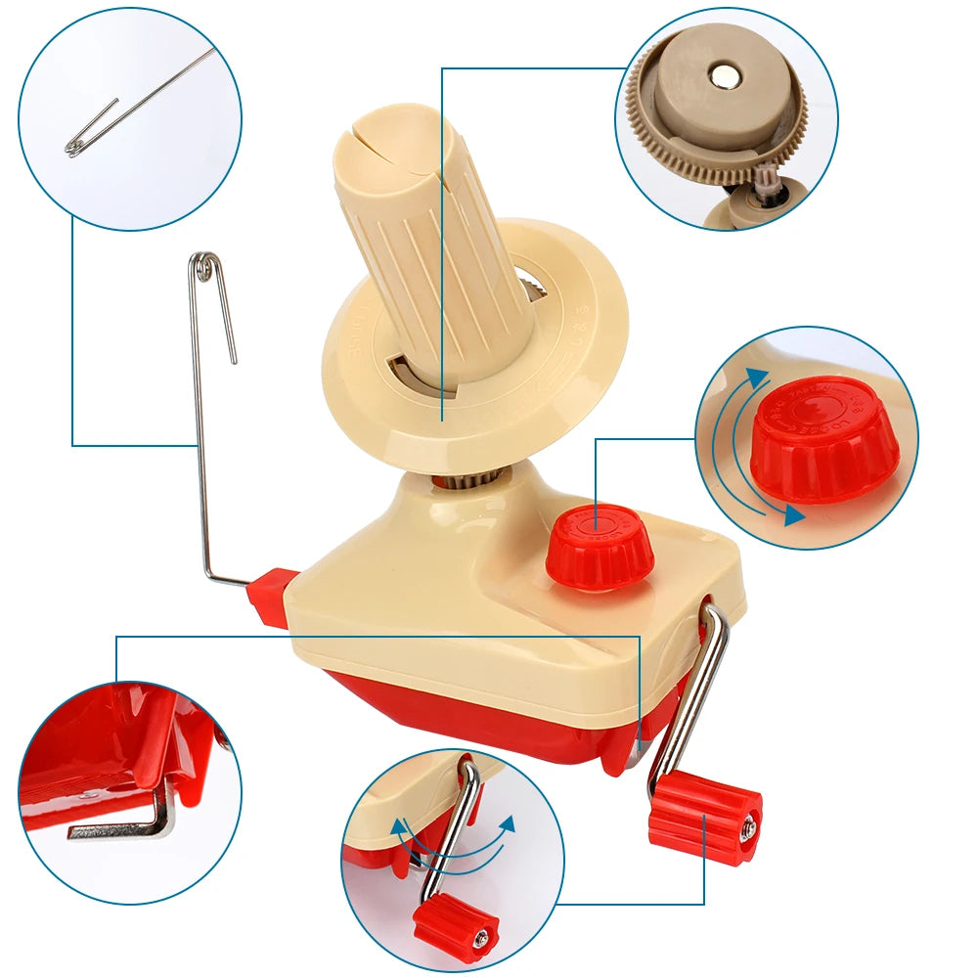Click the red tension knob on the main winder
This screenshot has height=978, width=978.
[599, 546]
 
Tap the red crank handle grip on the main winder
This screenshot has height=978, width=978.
[704, 817]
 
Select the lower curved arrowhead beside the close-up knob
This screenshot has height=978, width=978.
[794, 514]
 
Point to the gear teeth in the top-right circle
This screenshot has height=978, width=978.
[685, 156]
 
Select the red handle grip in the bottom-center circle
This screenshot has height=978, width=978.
[455, 929]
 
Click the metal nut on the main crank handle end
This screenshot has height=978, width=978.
[749, 829]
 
